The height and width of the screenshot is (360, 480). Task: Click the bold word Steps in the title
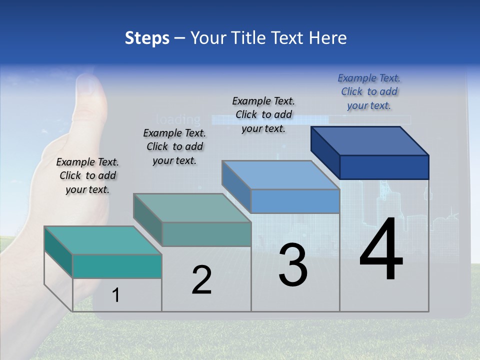point(146,38)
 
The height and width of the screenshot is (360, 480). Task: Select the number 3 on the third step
point(293,265)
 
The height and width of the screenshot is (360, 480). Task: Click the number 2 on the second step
point(201,280)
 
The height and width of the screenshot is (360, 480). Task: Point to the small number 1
point(116,295)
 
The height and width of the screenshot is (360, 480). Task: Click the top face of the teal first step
point(102,240)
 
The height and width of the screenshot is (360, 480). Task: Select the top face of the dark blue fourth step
point(370,141)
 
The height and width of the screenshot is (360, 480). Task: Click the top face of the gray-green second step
point(192,208)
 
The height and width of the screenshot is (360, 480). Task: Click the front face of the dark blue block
point(384,167)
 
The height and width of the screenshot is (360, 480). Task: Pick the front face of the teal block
point(117,266)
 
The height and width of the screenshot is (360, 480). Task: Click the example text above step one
point(87,175)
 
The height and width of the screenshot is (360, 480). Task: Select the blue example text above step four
point(369,91)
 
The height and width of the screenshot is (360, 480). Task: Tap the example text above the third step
point(263,114)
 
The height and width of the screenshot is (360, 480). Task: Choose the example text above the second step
point(174,146)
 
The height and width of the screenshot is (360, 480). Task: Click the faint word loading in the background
point(178,120)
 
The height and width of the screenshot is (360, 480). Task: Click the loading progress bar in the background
point(310,120)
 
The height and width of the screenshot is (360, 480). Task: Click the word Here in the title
point(328,38)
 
